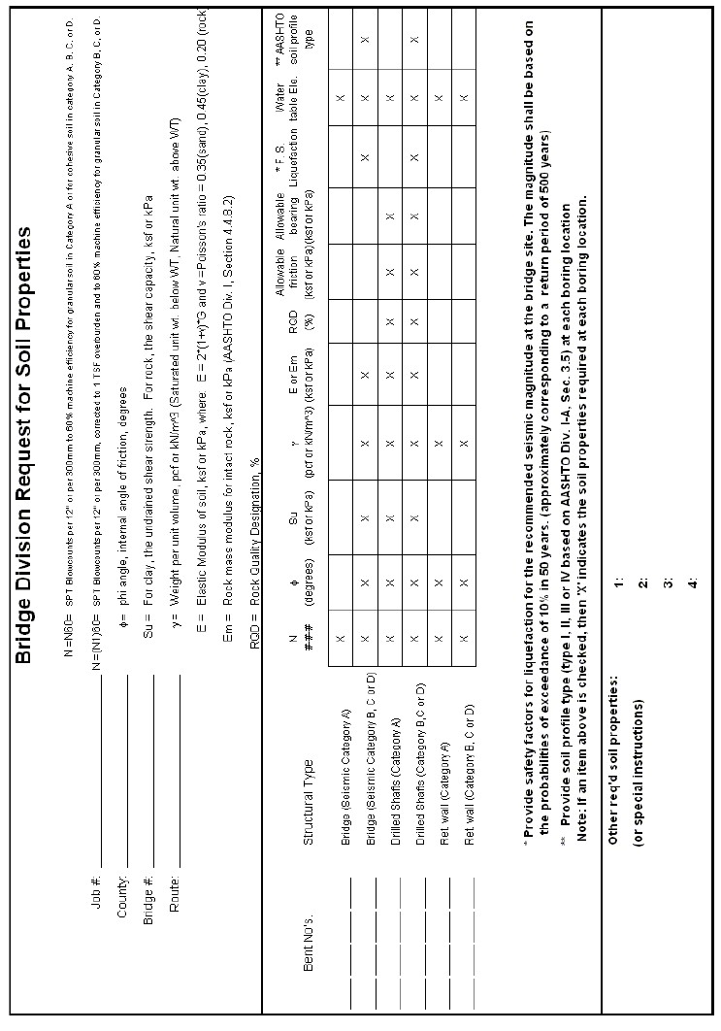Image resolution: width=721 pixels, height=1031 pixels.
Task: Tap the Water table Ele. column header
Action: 292,97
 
